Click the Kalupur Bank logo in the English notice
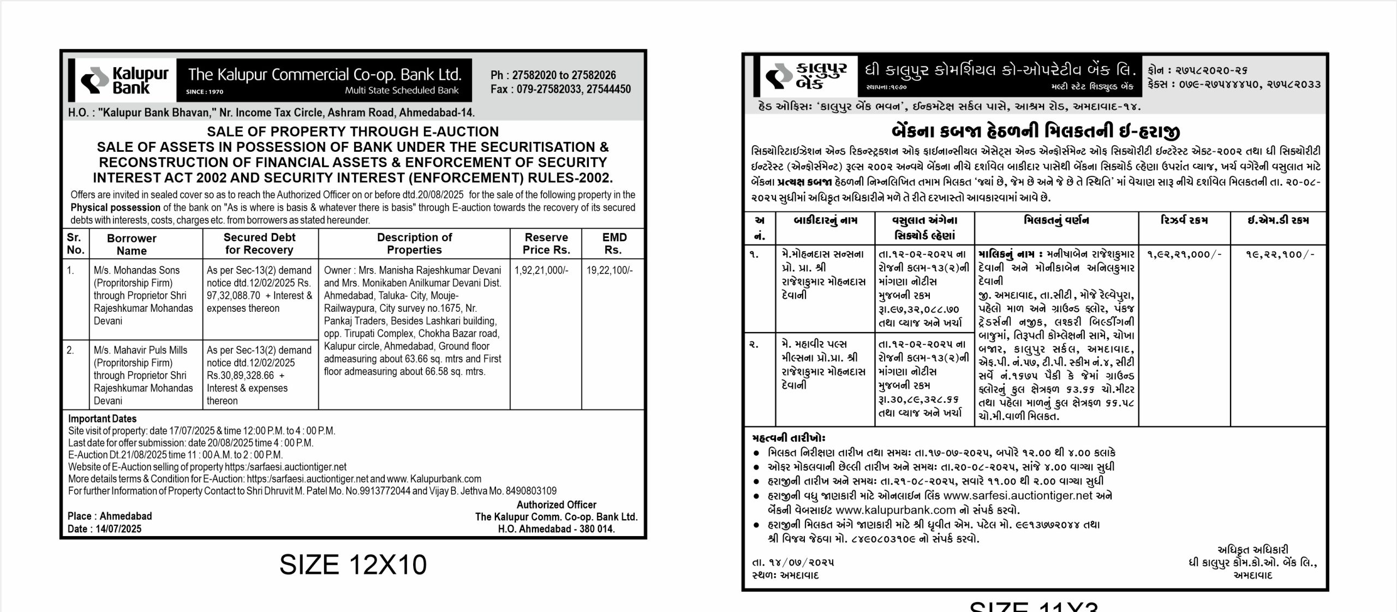click(x=125, y=80)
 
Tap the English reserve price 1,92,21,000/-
click(x=541, y=270)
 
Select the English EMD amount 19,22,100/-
click(x=610, y=270)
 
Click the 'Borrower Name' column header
click(x=132, y=245)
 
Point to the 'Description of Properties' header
click(x=414, y=243)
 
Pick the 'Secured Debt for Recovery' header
click(x=259, y=243)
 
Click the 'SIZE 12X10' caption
click(x=353, y=565)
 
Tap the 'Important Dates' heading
click(x=102, y=419)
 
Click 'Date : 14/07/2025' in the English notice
click(x=104, y=528)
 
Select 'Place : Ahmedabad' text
click(x=110, y=516)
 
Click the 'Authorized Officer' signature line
click(x=556, y=505)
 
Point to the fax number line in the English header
click(x=560, y=89)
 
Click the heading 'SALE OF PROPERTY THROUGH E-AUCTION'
click(x=353, y=132)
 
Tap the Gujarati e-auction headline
click(x=1035, y=132)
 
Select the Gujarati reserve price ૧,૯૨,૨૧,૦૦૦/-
click(x=1183, y=254)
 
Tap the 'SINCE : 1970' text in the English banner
click(x=205, y=92)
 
